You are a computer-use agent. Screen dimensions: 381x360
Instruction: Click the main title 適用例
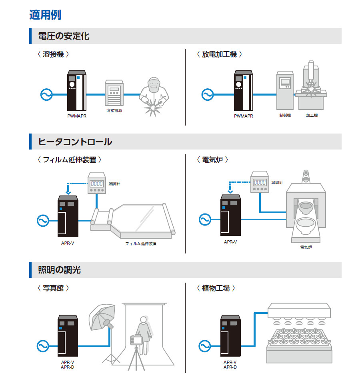tap(45, 15)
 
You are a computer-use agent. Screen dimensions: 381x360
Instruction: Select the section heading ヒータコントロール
tap(75, 142)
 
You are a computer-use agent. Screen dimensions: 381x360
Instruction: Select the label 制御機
tap(285, 115)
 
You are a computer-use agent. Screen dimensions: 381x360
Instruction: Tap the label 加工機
tap(312, 115)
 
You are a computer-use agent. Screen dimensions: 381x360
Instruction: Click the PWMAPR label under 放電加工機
tap(243, 116)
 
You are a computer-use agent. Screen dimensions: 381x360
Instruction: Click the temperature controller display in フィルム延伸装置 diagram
tap(97, 183)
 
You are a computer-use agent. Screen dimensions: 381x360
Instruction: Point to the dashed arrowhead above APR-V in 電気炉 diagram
tap(230, 192)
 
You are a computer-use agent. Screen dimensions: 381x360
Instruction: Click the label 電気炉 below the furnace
tap(306, 247)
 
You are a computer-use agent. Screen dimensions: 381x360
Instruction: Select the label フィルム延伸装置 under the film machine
tap(140, 243)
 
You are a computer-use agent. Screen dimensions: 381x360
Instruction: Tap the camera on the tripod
tap(136, 341)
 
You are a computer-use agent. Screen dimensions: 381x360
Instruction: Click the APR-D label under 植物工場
tap(230, 367)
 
